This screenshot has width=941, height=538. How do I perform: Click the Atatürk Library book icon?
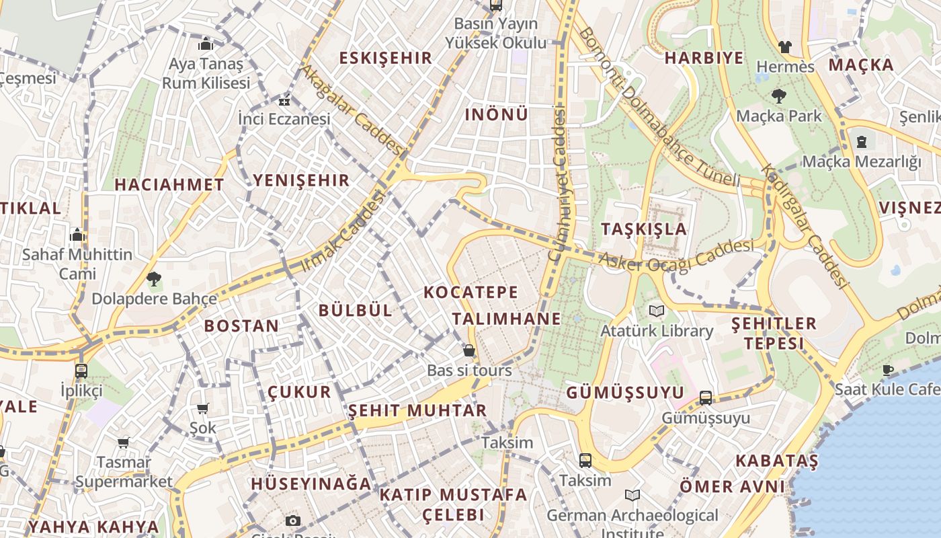656,311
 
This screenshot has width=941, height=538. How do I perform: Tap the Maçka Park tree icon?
779,96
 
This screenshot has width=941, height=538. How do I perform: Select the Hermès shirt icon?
784,47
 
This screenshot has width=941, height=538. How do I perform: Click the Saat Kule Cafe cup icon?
887,369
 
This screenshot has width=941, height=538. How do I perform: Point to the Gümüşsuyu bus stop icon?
705,398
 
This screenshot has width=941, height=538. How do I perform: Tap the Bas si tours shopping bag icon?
469,350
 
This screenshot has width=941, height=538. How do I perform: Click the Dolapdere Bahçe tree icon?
154,278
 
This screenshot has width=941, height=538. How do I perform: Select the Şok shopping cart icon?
202,408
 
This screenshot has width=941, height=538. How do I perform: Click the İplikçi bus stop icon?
81,371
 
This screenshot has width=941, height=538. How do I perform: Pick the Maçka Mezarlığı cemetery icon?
862,142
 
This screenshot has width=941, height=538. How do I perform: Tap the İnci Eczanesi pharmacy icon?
284,102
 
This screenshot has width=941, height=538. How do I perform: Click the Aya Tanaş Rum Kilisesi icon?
206,44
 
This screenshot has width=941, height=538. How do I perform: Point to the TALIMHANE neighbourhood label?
506,318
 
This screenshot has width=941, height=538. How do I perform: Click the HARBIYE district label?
704,58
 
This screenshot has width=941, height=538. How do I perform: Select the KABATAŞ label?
776,461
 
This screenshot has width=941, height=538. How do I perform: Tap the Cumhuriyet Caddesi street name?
559,184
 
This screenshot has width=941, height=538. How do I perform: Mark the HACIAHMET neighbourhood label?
169,185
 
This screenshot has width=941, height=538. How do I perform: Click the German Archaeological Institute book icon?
632,496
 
